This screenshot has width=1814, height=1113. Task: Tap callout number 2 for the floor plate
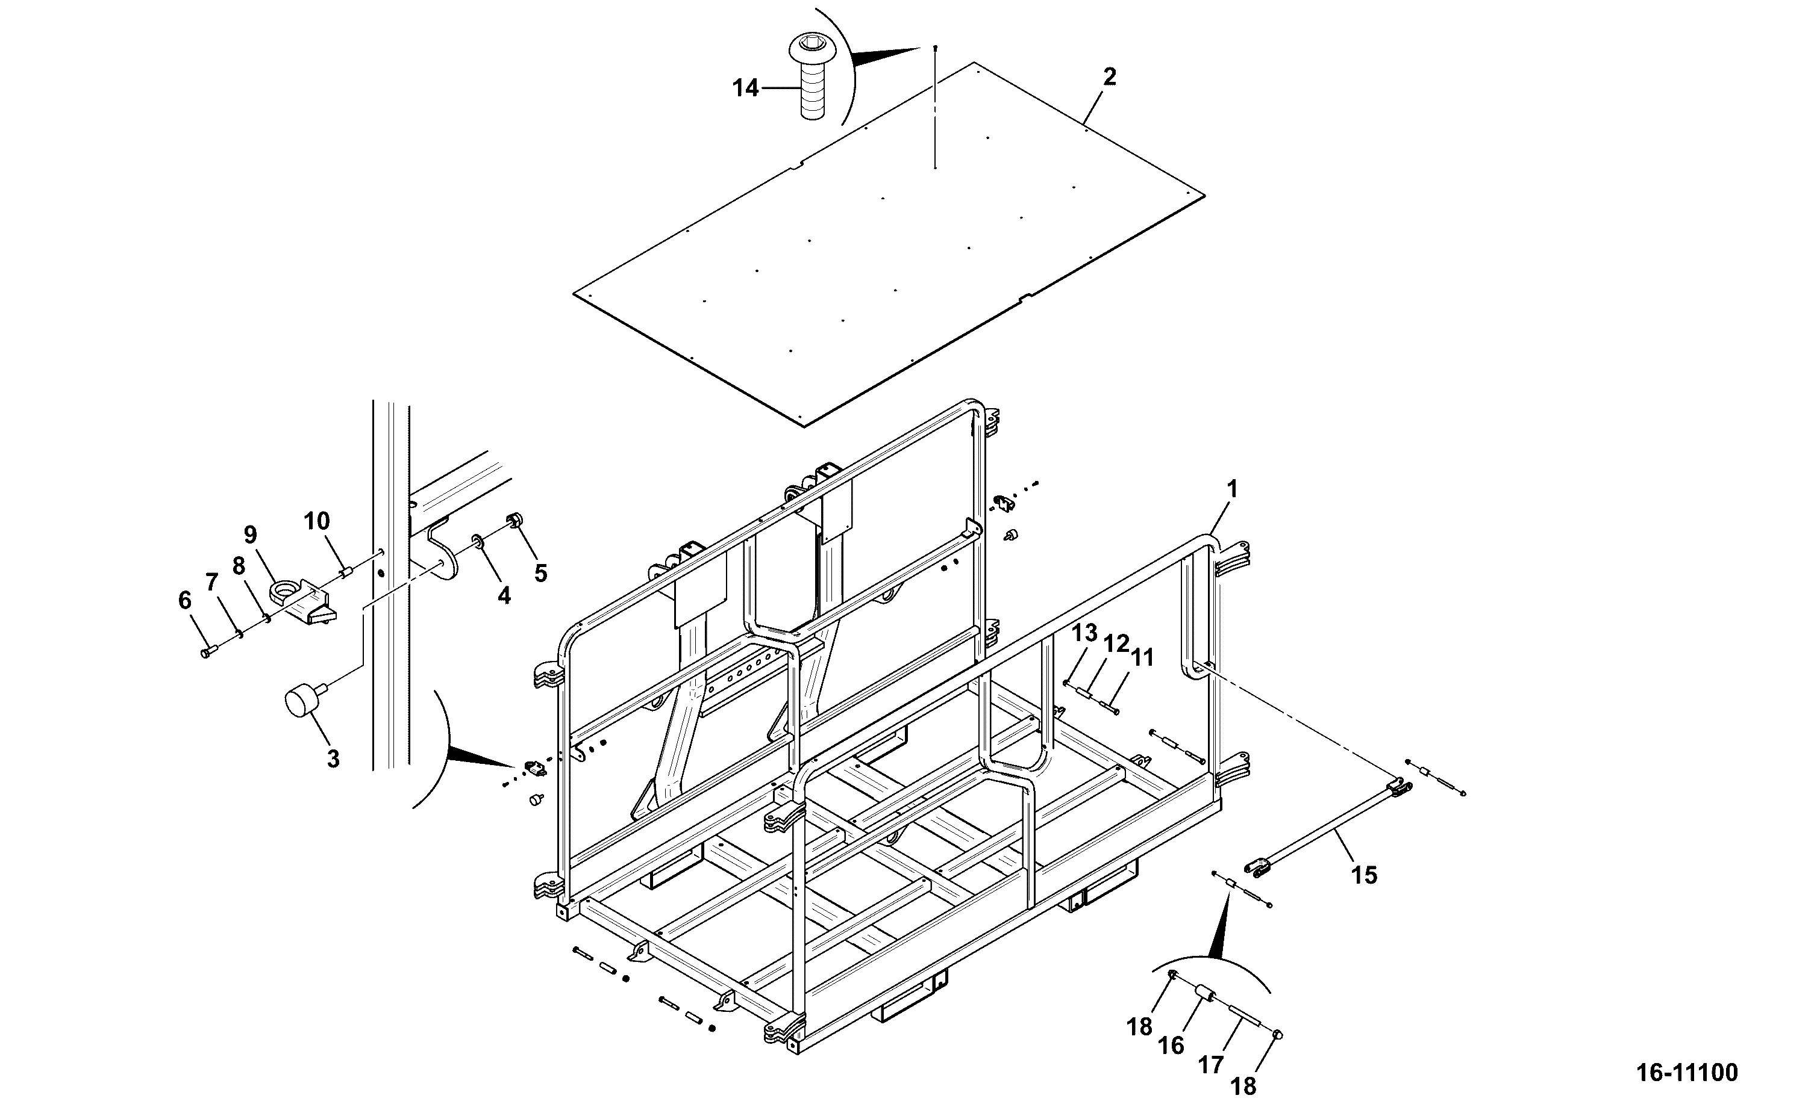pyautogui.click(x=1109, y=77)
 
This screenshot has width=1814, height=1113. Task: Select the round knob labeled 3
pyautogui.click(x=301, y=699)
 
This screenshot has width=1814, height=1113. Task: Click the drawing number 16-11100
pyautogui.click(x=1687, y=1072)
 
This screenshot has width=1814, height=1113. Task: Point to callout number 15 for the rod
pyautogui.click(x=1363, y=875)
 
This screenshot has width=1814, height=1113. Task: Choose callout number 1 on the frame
pyautogui.click(x=1232, y=489)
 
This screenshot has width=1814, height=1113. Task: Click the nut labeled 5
pyautogui.click(x=514, y=522)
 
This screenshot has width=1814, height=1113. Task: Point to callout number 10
pyautogui.click(x=317, y=521)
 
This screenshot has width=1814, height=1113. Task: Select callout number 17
pyautogui.click(x=1211, y=1064)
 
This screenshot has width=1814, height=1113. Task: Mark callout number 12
pyautogui.click(x=1116, y=644)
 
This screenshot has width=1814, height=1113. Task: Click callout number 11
pyautogui.click(x=1142, y=657)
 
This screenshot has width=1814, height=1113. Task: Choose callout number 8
pyautogui.click(x=238, y=566)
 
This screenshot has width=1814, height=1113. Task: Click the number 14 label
pyautogui.click(x=745, y=88)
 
